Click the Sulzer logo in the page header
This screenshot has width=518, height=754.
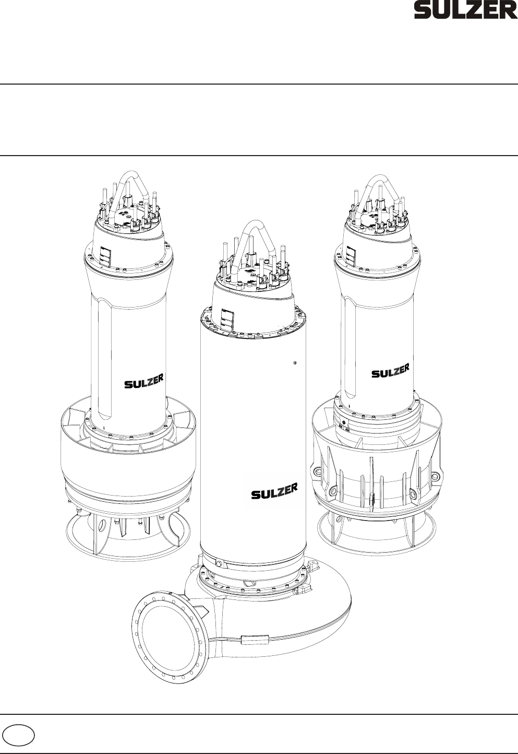pyautogui.click(x=466, y=11)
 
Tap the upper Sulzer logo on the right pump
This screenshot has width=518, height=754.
pyautogui.click(x=391, y=370)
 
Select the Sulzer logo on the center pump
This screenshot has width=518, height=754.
pyautogui.click(x=274, y=491)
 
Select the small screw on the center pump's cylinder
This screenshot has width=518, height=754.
pyautogui.click(x=295, y=362)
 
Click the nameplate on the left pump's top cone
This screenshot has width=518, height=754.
pyautogui.click(x=105, y=256)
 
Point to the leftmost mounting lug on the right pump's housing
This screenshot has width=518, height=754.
pyautogui.click(x=317, y=471)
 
